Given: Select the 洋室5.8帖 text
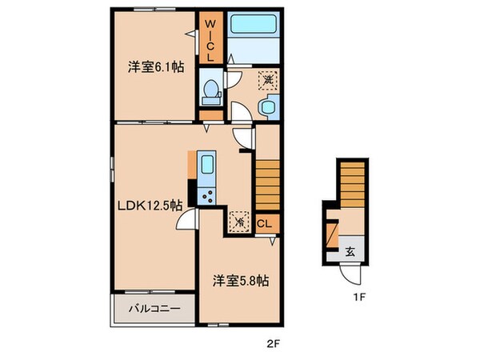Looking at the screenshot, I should (240, 281).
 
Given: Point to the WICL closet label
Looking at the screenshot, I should (210, 40).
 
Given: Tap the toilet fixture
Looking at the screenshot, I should (210, 93).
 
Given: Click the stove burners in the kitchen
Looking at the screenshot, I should (207, 195).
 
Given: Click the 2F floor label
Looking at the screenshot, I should (273, 346).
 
